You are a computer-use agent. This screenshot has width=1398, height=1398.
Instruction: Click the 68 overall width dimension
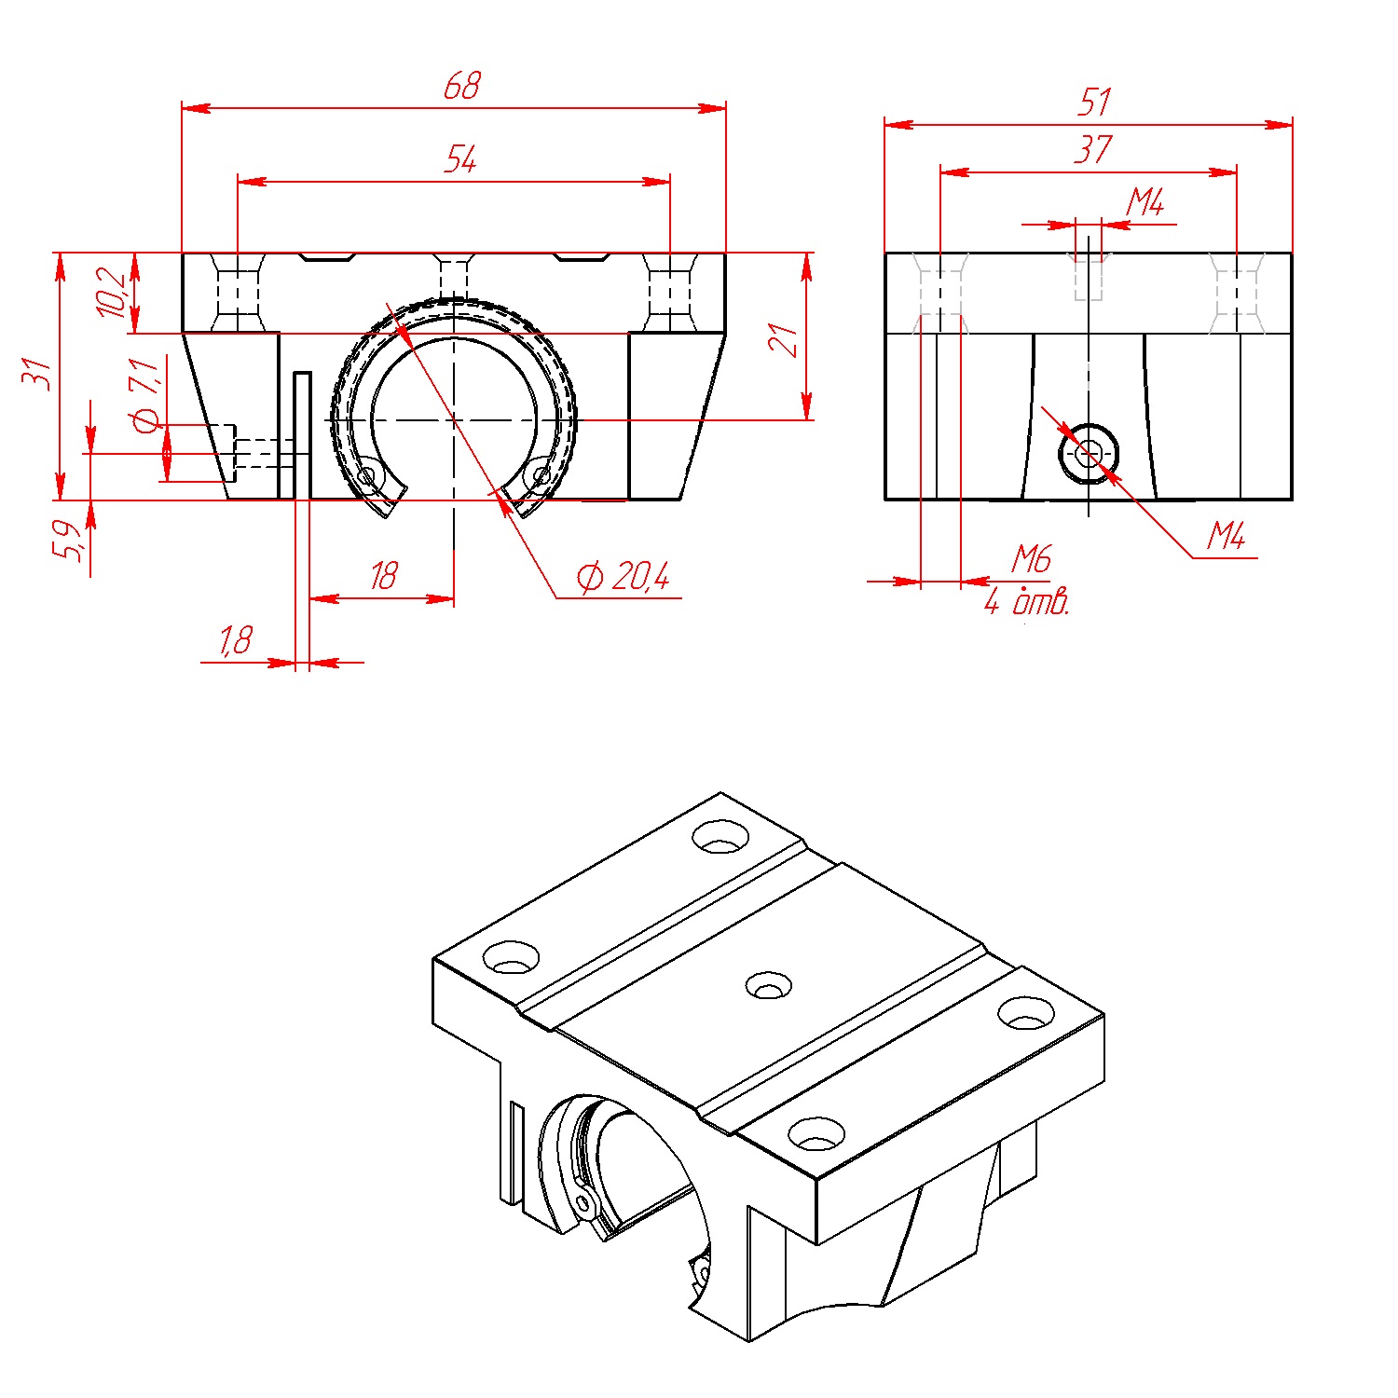pyautogui.click(x=461, y=87)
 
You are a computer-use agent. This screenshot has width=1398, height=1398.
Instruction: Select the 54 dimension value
pyautogui.click(x=460, y=159)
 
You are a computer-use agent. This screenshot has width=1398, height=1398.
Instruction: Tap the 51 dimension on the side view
pyautogui.click(x=1095, y=103)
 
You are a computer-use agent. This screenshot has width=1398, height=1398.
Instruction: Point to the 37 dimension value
pyautogui.click(x=1092, y=150)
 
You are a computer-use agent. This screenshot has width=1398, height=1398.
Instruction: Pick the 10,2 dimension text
pyautogui.click(x=112, y=292)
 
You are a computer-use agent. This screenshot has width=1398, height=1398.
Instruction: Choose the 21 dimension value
pyautogui.click(x=783, y=340)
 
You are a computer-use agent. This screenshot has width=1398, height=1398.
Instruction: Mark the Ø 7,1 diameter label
pyautogui.click(x=146, y=396)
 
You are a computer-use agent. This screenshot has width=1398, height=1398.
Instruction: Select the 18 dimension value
pyautogui.click(x=383, y=576)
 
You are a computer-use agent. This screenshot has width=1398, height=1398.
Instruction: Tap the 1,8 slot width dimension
pyautogui.click(x=236, y=640)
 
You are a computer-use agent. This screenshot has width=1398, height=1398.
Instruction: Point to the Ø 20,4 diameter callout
pyautogui.click(x=623, y=578)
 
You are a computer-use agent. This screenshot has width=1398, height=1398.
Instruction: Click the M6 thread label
pyautogui.click(x=1032, y=559)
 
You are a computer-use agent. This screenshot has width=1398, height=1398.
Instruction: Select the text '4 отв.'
pyautogui.click(x=1026, y=602)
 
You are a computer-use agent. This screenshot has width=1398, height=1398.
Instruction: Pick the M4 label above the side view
pyautogui.click(x=1145, y=202)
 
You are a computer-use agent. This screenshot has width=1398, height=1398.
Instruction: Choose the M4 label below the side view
pyautogui.click(x=1226, y=536)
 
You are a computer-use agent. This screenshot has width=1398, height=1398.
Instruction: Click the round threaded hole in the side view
pyautogui.click(x=1089, y=454)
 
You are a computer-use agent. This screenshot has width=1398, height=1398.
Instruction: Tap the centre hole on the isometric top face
pyautogui.click(x=770, y=985)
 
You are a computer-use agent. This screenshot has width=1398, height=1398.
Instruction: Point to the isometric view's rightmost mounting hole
pyautogui.click(x=1026, y=1013)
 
